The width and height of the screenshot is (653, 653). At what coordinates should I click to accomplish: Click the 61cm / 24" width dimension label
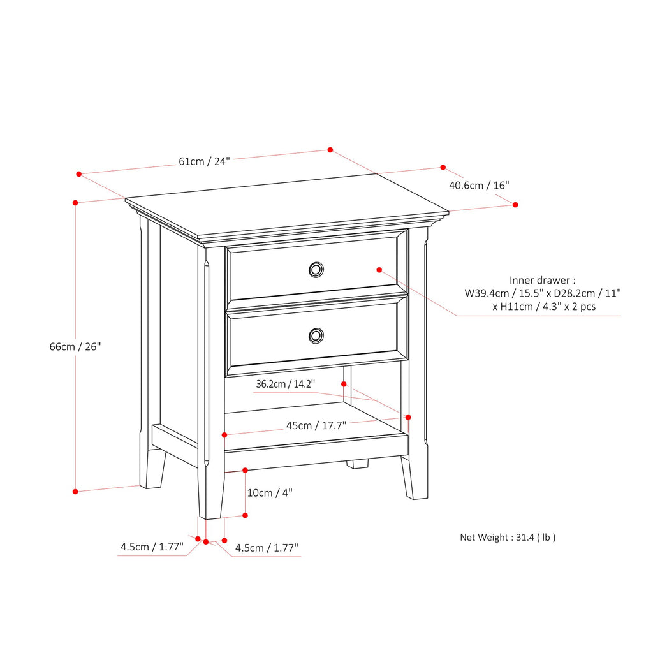click(x=204, y=161)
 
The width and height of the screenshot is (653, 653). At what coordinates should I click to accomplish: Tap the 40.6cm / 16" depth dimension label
click(x=479, y=186)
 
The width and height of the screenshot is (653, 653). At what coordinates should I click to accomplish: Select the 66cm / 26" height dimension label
click(x=75, y=346)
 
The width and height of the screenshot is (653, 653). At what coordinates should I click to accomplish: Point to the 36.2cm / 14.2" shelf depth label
click(x=285, y=385)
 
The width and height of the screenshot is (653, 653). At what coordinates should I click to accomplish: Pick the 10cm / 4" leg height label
click(x=270, y=492)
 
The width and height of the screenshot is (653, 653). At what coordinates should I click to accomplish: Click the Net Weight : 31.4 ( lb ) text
click(x=508, y=537)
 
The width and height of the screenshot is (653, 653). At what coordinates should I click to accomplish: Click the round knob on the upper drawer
click(x=316, y=270)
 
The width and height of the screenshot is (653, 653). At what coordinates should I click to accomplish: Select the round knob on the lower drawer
click(x=316, y=335)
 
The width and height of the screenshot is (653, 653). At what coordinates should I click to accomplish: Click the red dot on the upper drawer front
click(x=379, y=270)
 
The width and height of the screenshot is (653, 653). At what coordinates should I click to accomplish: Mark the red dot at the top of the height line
click(x=75, y=202)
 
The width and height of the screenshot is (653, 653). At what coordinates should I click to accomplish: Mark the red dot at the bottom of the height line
click(x=75, y=491)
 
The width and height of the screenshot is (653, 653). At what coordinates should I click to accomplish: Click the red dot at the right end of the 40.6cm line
click(x=515, y=204)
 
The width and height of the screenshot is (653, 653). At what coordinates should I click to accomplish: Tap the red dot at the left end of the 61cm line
click(x=79, y=173)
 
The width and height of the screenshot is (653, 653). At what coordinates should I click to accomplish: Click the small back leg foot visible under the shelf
click(x=358, y=464)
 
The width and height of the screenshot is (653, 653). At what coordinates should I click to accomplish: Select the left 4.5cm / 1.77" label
click(x=152, y=547)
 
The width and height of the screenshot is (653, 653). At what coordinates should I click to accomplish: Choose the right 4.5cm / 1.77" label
click(x=267, y=548)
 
